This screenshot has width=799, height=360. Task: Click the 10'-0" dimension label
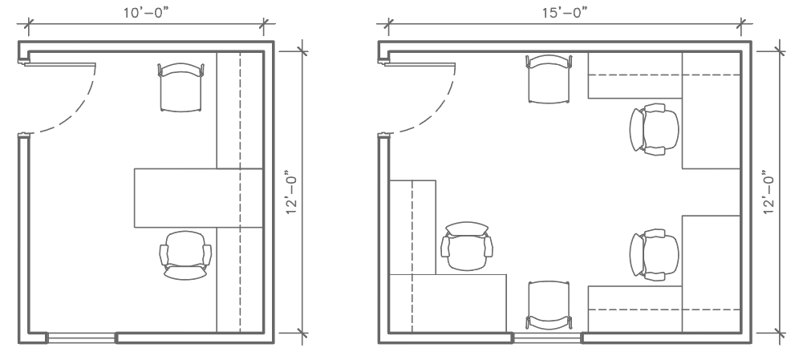[x=146, y=13]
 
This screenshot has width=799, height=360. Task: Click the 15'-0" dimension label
[x=565, y=13]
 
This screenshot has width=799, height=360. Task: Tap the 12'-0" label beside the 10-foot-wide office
[x=291, y=192]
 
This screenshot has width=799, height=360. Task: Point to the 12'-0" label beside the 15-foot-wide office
[x=769, y=192]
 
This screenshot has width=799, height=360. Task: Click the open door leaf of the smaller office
[x=59, y=64]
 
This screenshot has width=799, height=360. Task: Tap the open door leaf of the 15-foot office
[x=420, y=64]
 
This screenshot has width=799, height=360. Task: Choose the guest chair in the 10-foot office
[x=180, y=87]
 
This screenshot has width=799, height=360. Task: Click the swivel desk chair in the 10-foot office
[x=185, y=255]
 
